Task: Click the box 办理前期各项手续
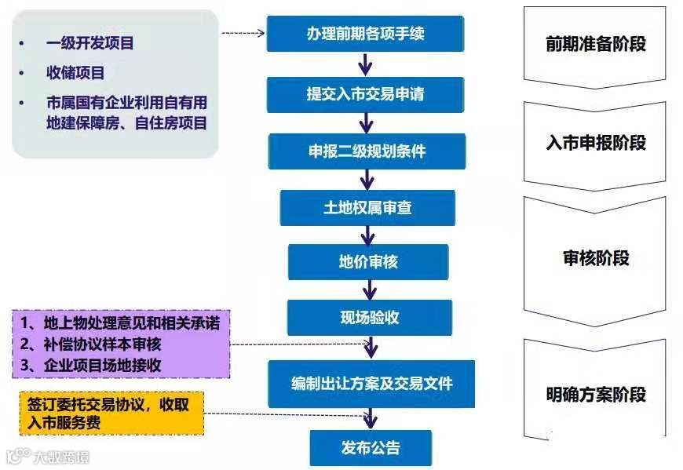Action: [365, 34]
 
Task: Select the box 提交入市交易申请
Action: [365, 94]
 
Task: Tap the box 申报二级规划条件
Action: [367, 151]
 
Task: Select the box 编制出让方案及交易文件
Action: [371, 384]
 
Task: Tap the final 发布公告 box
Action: [371, 448]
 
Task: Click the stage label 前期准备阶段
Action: [595, 44]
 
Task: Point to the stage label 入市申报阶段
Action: [595, 143]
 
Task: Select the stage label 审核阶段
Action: [595, 258]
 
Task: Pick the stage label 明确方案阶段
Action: [595, 395]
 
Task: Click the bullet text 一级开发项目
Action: [89, 43]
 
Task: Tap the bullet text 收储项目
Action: [75, 73]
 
